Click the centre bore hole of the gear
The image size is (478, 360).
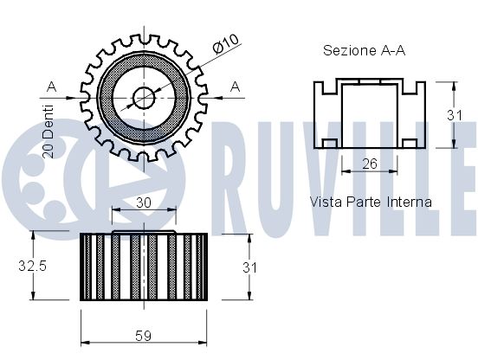tap(144, 98)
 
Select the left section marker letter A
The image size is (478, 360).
tap(52, 86)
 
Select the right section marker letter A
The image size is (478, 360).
tap(235, 86)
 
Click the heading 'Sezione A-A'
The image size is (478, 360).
tap(365, 51)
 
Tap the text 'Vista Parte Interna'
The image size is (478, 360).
tap(371, 202)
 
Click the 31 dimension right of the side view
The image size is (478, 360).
tap(249, 268)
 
